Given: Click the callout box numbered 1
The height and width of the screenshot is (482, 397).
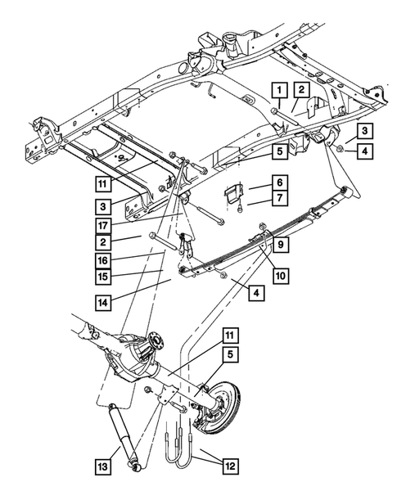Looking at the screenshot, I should [279, 88].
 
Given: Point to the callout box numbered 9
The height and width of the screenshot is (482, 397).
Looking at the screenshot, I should [279, 244].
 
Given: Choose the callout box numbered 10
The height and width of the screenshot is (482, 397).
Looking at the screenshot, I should [281, 276].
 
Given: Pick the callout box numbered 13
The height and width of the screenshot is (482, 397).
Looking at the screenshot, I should [102, 466].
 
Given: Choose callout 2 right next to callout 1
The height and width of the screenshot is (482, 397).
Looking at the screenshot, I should [302, 88].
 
